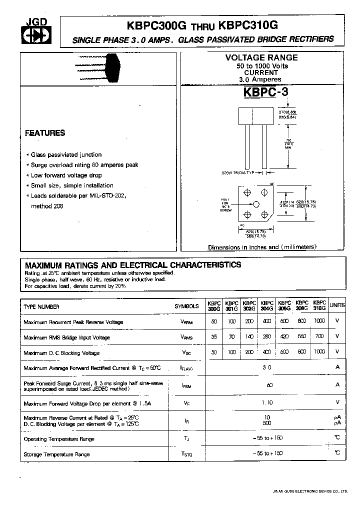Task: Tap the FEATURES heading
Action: (x=45, y=133)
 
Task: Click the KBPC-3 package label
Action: (x=266, y=92)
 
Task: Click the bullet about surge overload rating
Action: (x=84, y=165)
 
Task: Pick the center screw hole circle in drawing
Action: (x=256, y=204)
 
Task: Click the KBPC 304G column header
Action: (x=267, y=306)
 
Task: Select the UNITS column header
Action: (x=337, y=305)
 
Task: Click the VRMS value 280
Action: (x=267, y=337)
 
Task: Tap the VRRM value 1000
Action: (x=319, y=321)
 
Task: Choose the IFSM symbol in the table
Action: (x=186, y=385)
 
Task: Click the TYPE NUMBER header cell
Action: (x=41, y=307)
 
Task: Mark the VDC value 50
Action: (x=214, y=352)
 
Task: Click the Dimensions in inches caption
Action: (x=262, y=247)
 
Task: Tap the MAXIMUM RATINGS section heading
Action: (x=133, y=264)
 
